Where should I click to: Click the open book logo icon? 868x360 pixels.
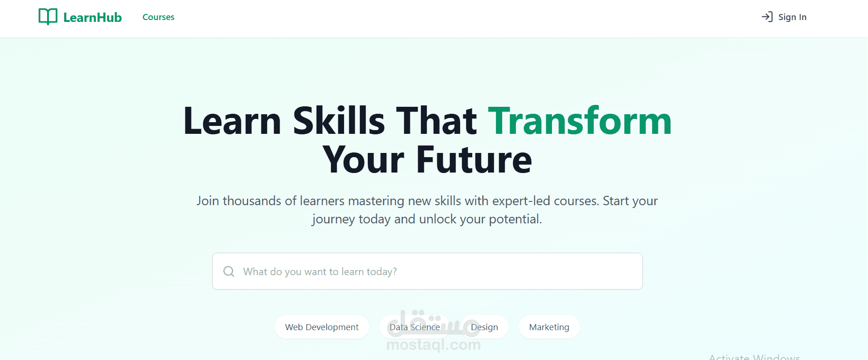point(48,17)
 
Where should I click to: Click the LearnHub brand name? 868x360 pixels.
point(92,18)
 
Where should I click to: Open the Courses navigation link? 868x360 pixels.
point(158,17)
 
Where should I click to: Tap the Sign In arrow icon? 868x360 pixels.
point(767,17)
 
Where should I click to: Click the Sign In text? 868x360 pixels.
point(792,17)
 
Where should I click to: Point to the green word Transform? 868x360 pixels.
point(579,121)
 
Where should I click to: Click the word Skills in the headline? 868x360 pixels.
point(339,121)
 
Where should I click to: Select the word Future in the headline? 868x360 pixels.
point(474,160)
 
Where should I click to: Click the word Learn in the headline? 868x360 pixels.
point(232,121)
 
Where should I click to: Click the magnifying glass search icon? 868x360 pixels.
point(229,271)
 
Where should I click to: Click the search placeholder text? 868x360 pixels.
point(320,272)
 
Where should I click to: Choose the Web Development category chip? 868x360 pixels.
point(322,327)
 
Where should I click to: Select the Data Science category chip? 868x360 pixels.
point(414,327)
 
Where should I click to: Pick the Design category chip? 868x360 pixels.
point(484,327)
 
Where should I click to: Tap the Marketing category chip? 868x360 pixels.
point(549,327)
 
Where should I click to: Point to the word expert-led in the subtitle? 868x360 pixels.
point(521,201)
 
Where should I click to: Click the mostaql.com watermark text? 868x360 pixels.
point(434,345)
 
